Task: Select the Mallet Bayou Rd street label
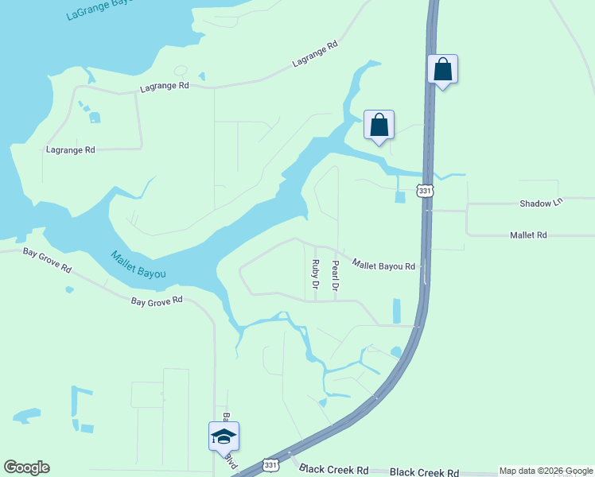383,266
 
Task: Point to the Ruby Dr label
316,274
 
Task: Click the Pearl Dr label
336,276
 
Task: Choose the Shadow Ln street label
541,204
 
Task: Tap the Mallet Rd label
530,235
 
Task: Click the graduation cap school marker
224,436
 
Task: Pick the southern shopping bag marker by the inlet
379,125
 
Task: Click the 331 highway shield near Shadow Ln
424,191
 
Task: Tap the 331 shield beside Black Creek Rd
271,465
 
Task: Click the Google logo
26,467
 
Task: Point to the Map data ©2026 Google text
546,471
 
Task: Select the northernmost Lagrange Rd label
315,55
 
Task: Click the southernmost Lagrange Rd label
71,149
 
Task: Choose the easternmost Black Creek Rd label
425,472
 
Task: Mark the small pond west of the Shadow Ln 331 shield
399,196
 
